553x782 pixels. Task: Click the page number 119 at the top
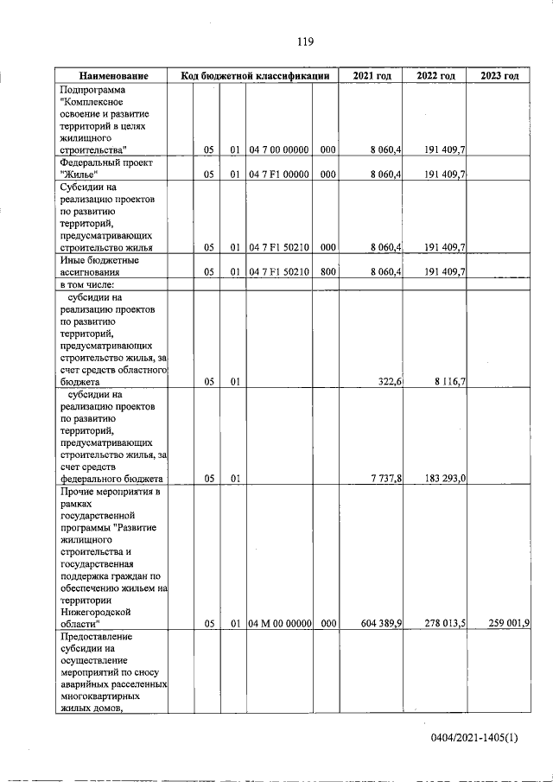pyautogui.click(x=303, y=41)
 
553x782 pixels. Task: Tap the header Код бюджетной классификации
pyautogui.click(x=256, y=76)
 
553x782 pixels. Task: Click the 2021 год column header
pyautogui.click(x=372, y=76)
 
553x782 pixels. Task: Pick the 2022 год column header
pyautogui.click(x=435, y=76)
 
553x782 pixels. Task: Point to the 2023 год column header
pyautogui.click(x=499, y=76)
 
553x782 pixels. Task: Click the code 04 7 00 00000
pyautogui.click(x=279, y=150)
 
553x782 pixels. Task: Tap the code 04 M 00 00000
pyautogui.click(x=279, y=622)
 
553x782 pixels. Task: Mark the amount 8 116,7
pyautogui.click(x=448, y=381)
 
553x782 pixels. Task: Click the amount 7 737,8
pyautogui.click(x=386, y=479)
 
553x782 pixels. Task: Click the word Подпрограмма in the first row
pyautogui.click(x=92, y=90)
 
